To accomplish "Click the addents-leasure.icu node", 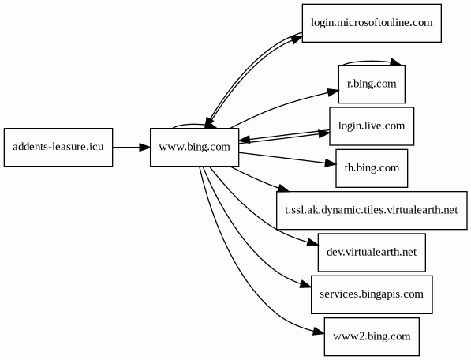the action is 58,148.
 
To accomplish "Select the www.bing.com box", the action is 195,148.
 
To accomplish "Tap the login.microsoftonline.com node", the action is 372,23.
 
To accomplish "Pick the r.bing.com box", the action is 372,84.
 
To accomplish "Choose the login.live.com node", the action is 372,126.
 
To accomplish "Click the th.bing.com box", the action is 372,168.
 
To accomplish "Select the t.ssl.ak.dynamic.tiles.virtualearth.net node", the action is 372,210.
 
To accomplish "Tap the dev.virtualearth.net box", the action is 372,253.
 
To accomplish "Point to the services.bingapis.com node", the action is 372,294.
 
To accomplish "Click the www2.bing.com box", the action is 372,336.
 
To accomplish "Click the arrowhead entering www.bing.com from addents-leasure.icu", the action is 145,148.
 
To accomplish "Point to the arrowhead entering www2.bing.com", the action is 319,332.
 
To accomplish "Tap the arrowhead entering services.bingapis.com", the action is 306,285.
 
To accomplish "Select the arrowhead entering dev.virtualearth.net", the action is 312,243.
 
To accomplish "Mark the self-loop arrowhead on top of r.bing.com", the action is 395,62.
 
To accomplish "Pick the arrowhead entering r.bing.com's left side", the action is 333,92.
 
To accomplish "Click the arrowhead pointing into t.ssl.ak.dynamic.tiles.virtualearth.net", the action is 283,189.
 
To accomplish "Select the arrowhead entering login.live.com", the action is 324,133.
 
